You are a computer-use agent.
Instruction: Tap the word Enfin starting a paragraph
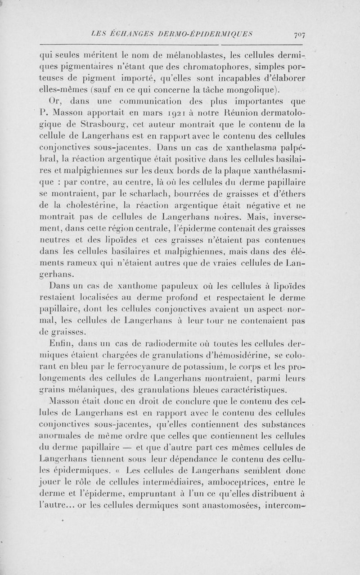(x=63, y=345)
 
